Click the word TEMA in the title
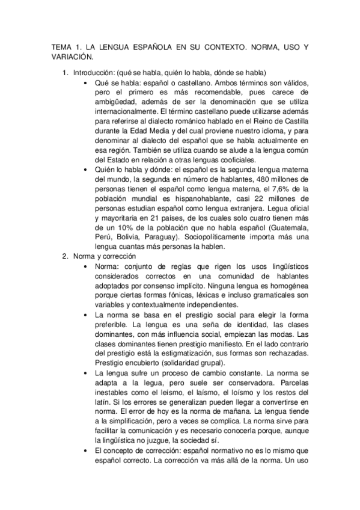(62, 47)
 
